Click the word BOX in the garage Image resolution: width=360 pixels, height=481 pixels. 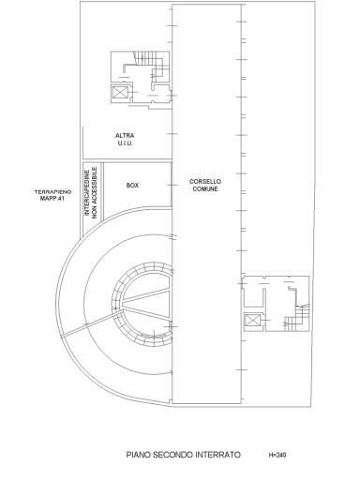(132, 186)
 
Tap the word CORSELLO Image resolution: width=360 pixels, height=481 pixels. (205, 182)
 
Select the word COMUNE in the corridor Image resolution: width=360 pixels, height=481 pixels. (205, 189)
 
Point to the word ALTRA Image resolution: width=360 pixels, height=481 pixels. (125, 136)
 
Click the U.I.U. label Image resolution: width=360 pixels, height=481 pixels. (125, 143)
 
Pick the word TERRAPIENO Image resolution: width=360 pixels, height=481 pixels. (52, 191)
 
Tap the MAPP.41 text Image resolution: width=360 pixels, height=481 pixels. (52, 198)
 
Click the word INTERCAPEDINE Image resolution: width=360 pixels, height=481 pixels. (87, 192)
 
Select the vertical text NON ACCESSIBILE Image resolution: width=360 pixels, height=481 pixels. (95, 192)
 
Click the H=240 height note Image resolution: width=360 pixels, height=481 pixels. (277, 455)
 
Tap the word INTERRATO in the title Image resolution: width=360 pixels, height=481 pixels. (217, 455)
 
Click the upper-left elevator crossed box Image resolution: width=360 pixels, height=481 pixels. (120, 93)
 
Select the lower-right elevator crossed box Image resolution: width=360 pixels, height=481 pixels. (252, 321)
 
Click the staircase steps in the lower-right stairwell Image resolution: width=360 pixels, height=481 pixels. (296, 319)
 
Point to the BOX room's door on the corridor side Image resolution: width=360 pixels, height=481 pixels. (172, 185)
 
